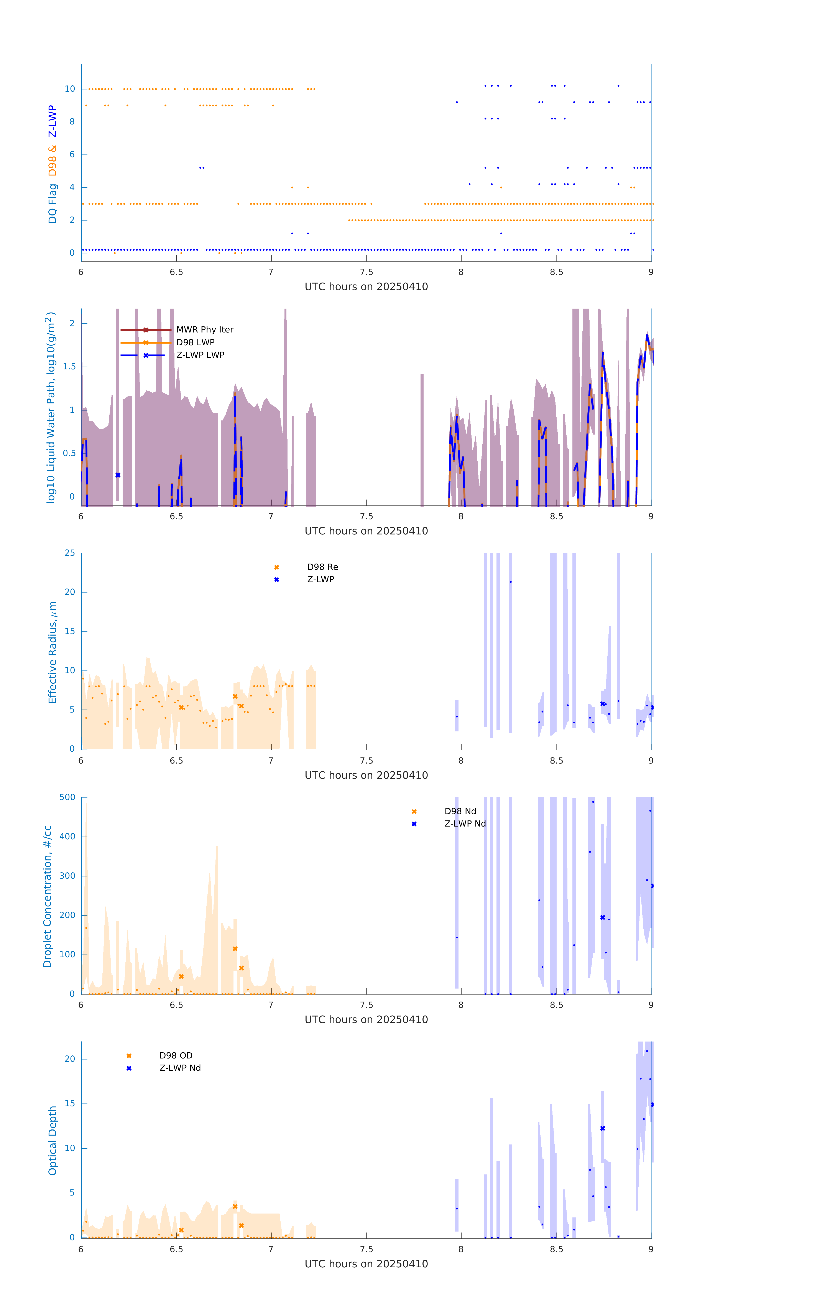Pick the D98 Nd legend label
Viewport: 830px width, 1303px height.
[460, 811]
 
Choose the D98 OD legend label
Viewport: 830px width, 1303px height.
[176, 1056]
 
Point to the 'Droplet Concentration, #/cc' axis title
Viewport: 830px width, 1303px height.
[48, 897]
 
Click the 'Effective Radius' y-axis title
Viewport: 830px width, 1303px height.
[53, 652]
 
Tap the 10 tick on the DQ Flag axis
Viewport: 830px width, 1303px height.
[70, 89]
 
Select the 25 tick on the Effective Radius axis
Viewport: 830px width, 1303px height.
[70, 553]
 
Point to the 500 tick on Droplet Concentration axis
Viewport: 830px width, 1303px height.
[67, 797]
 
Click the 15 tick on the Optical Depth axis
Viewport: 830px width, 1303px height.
[70, 1103]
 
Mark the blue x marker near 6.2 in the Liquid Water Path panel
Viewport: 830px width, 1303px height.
[118, 475]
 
